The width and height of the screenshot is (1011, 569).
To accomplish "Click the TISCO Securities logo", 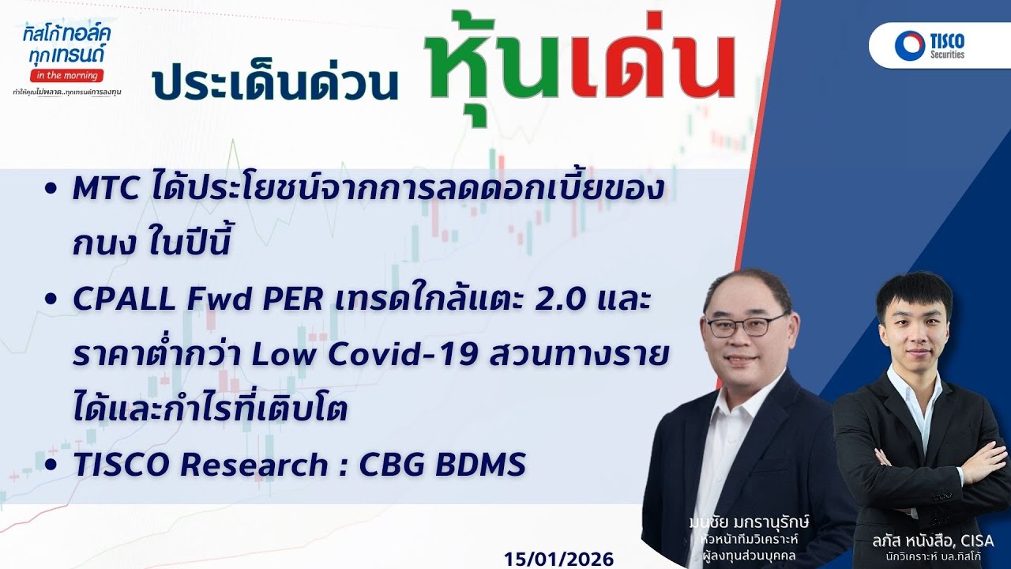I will pos(930,45).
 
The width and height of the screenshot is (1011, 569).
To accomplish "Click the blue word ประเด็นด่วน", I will pos(276,83).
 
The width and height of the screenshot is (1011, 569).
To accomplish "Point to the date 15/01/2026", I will pos(558,559).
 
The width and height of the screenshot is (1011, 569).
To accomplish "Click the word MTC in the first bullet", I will pos(103,190).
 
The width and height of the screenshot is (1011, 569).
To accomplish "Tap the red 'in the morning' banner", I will pos(66,75).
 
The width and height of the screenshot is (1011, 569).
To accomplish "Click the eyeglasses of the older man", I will pos(746,325).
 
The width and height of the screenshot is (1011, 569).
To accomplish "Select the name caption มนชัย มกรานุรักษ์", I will pos(749,524).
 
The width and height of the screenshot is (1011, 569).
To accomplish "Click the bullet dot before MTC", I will pos(51,190).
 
